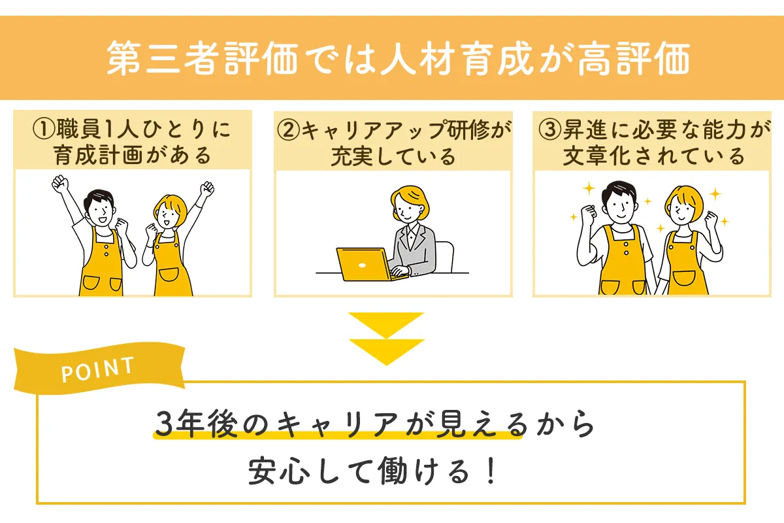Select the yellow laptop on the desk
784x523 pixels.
(363, 263)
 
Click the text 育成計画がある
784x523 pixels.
(132, 156)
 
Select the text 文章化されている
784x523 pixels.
(653, 156)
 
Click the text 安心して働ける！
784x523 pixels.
(373, 472)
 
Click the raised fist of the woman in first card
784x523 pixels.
(207, 189)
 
